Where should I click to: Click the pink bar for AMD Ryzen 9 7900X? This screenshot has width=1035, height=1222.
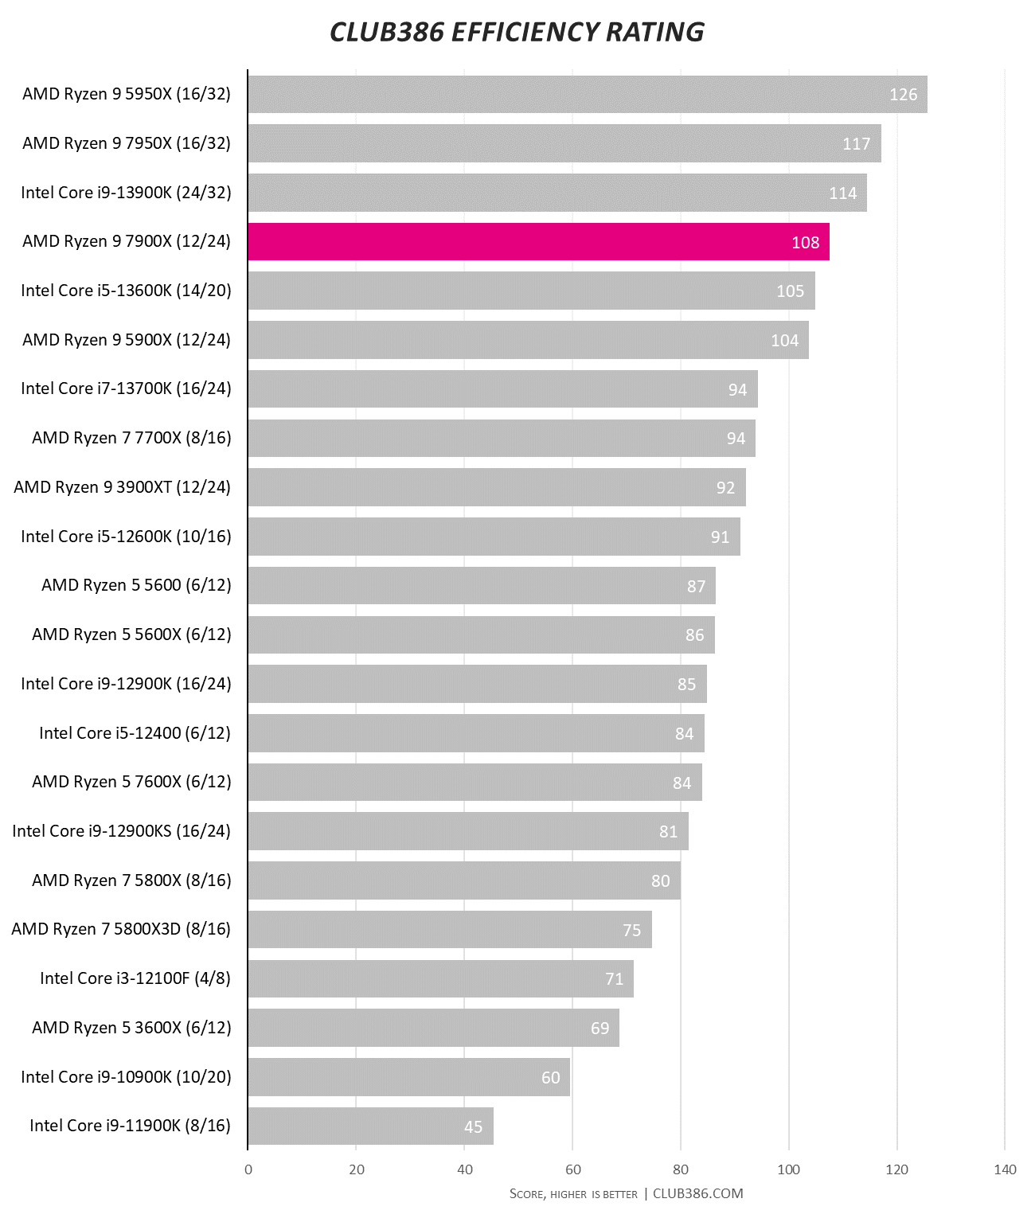(538, 242)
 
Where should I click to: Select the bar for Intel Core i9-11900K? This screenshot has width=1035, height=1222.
(370, 1126)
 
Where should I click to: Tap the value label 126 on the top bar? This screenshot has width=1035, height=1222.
(903, 95)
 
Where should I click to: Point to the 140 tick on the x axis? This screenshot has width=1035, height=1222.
(1005, 1169)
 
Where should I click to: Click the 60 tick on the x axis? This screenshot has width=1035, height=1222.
(572, 1169)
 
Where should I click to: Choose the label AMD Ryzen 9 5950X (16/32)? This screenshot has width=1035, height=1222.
(127, 94)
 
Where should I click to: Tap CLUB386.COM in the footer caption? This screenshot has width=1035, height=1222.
(697, 1193)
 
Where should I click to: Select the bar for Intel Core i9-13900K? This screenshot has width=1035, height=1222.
(557, 193)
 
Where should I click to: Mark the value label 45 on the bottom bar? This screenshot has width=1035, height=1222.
(473, 1126)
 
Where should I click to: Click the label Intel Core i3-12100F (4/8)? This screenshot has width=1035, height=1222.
(135, 978)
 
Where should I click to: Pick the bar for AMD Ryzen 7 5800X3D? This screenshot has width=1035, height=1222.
(450, 930)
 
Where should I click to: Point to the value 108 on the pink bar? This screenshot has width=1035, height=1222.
(805, 243)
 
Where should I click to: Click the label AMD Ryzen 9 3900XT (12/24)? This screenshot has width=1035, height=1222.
(122, 487)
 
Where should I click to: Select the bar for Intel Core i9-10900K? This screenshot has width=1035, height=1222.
(408, 1077)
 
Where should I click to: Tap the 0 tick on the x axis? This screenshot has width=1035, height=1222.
(248, 1169)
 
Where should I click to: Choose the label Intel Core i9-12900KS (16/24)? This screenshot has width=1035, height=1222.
(121, 831)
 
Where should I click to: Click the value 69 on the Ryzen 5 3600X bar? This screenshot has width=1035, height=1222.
(600, 1029)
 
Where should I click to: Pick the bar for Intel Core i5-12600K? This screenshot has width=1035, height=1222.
(494, 537)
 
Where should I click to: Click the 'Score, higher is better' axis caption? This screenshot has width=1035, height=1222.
(573, 1194)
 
